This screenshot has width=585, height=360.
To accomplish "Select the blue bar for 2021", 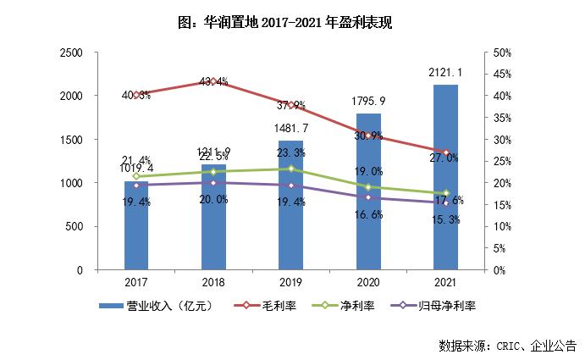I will coord(446,178).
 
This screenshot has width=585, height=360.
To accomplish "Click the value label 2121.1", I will coord(446,73).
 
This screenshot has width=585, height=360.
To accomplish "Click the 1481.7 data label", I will coord(291,128).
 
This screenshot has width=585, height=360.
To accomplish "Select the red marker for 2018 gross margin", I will coord(213,81).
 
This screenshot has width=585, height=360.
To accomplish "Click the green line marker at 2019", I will coord(291,169).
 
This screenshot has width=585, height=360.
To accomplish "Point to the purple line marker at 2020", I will coord(369,197).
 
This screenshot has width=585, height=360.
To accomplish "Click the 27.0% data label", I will coord(446,158).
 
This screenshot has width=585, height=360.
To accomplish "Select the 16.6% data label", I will coord(369,215).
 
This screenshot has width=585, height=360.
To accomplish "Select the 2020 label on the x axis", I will coord(369,281).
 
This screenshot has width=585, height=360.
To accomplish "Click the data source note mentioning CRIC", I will coord(507,345).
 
